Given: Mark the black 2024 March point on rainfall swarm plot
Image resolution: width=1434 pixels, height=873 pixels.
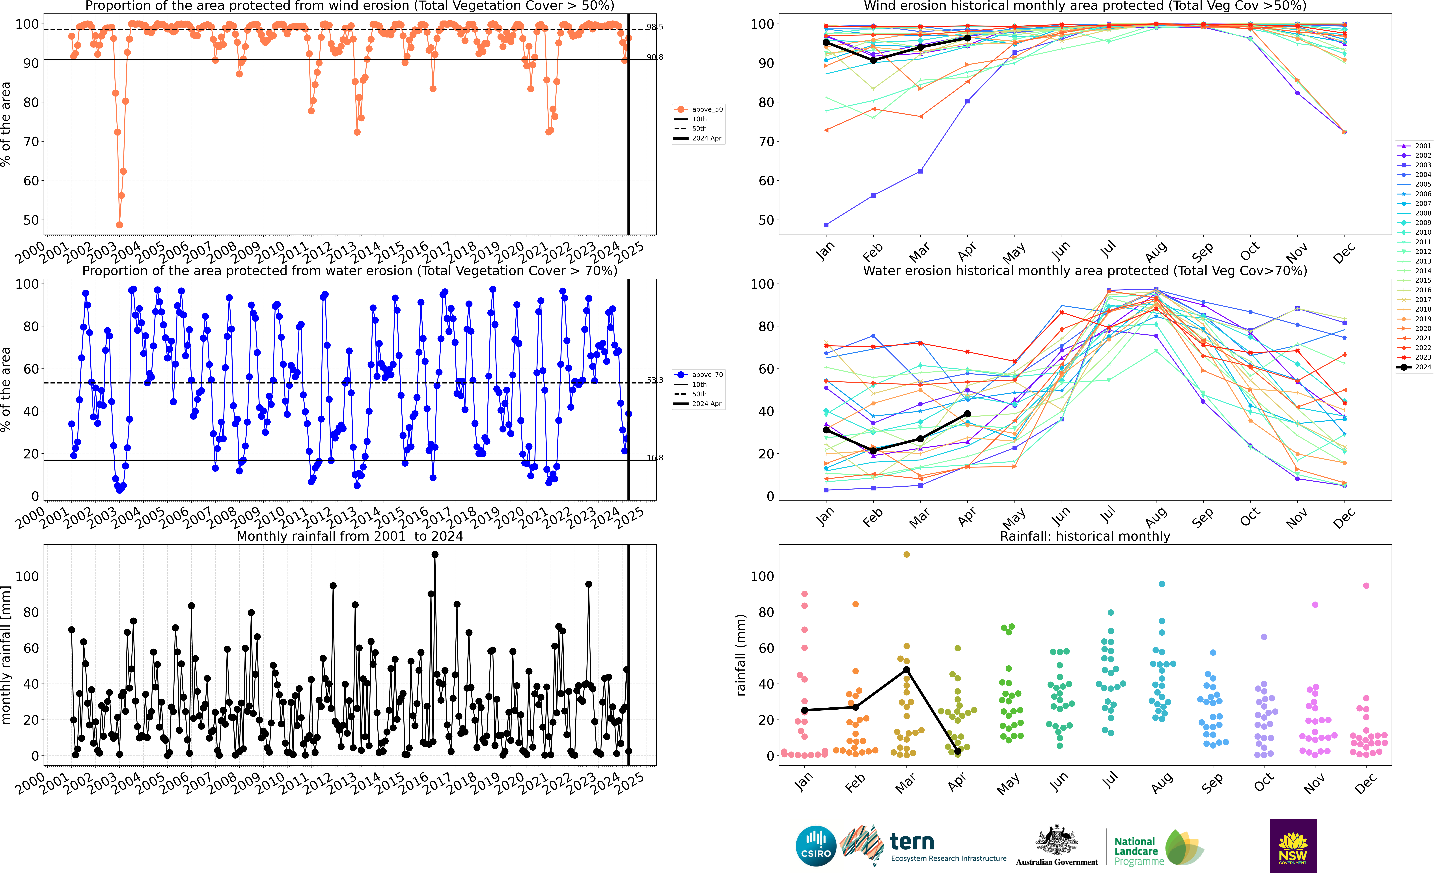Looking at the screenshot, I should pos(906,670).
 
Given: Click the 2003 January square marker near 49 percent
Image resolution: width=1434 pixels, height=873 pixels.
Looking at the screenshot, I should pos(826,225).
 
